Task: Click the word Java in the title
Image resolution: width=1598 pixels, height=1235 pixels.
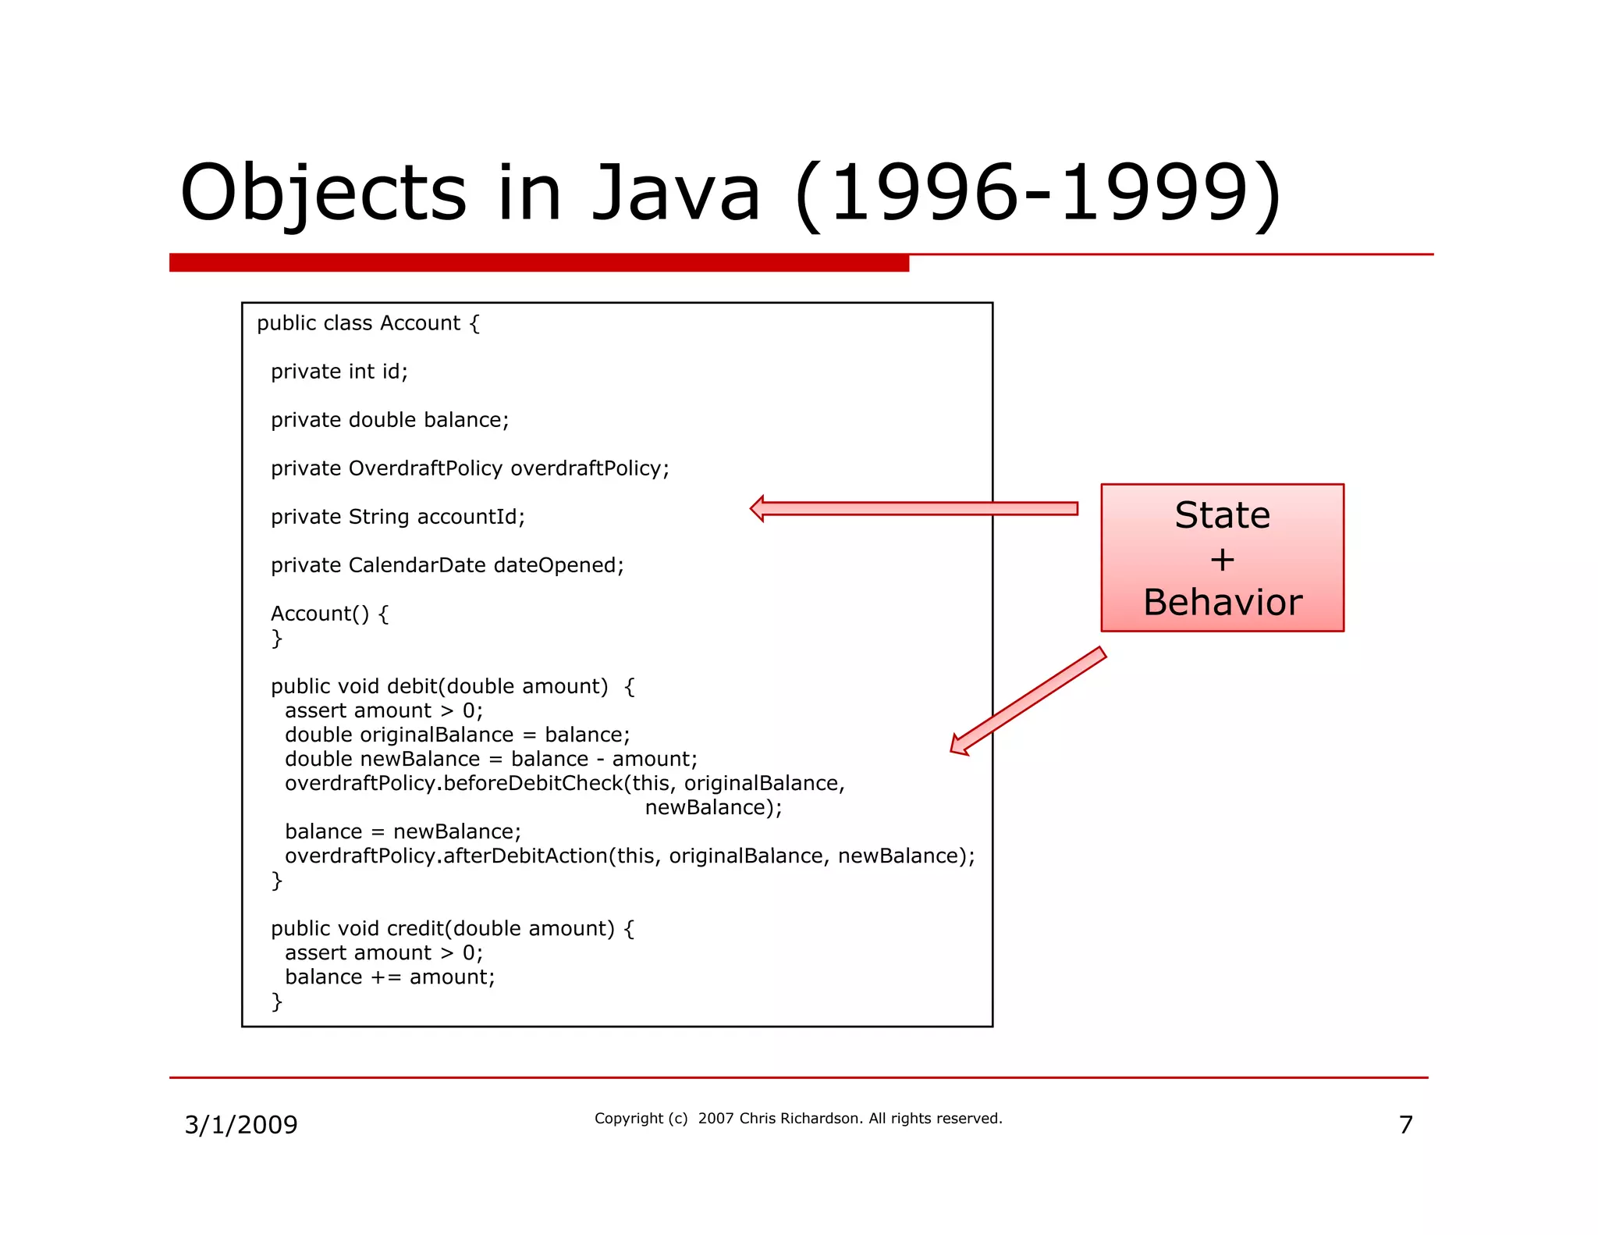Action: click(676, 194)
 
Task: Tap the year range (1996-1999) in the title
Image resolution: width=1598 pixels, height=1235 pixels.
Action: click(1038, 194)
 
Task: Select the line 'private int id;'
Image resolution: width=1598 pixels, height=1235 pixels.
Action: click(339, 372)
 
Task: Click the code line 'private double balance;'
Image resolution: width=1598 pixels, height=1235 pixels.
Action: click(389, 420)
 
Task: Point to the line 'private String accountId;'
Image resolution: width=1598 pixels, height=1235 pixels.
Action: click(398, 517)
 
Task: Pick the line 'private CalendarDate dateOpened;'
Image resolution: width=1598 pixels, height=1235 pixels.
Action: click(447, 565)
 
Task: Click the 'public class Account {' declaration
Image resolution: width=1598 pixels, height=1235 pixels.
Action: click(368, 323)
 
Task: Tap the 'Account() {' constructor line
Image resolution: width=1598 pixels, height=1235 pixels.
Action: click(329, 614)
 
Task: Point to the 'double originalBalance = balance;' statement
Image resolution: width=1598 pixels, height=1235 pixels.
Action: click(457, 735)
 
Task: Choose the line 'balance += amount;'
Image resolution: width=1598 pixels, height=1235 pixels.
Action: click(390, 977)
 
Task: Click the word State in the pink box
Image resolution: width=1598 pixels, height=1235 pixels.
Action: click(1222, 515)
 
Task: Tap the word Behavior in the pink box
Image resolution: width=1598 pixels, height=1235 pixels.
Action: click(1222, 603)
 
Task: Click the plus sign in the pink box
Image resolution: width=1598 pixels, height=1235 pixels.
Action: click(1222, 560)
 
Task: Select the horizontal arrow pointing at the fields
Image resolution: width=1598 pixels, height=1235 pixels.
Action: click(913, 509)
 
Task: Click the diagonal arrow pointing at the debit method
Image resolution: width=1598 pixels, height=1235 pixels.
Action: click(1028, 701)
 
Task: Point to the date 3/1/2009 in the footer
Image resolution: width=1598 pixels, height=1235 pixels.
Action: click(241, 1125)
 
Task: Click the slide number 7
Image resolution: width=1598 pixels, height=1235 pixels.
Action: click(1405, 1125)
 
